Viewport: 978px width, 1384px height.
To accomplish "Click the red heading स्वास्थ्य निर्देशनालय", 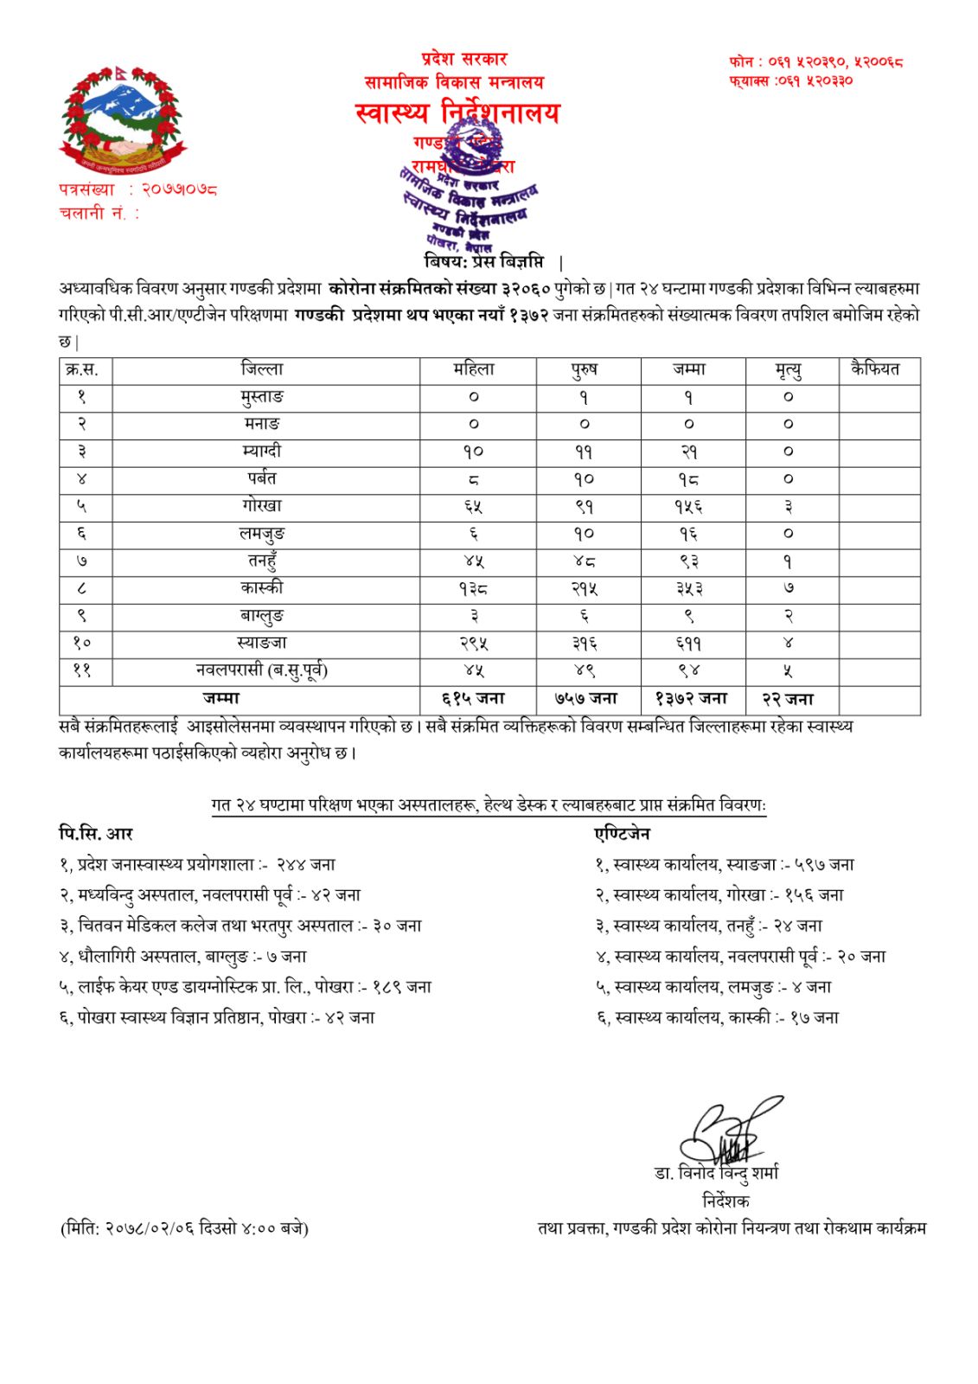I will point(457,112).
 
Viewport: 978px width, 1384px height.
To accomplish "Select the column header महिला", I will point(474,370).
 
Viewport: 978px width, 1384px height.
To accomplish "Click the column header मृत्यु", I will point(788,370).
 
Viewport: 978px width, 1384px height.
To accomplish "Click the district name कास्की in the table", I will point(262,588).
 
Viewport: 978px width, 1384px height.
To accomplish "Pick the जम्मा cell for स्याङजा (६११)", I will point(689,644).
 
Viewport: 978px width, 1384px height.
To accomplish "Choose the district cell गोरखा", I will point(262,506).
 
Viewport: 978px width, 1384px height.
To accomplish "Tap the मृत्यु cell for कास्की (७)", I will point(788,588).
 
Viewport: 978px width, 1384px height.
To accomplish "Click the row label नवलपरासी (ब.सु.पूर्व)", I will point(262,670).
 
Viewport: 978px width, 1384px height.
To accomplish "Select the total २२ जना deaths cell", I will point(788,699).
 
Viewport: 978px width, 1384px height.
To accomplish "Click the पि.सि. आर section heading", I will point(96,834).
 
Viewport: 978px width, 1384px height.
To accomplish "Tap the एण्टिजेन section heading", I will point(623,834).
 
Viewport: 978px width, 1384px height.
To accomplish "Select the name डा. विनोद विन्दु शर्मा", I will point(716,1173).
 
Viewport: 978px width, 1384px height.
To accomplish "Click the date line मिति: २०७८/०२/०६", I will point(184,1227).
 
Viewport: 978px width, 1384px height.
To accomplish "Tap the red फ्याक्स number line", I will point(790,80).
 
